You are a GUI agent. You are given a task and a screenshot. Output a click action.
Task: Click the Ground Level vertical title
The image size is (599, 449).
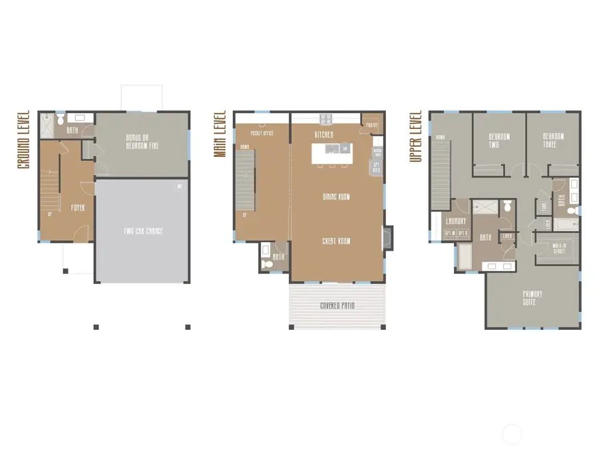pos(24,139)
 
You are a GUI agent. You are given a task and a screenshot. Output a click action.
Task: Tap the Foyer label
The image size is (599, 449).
pos(78,208)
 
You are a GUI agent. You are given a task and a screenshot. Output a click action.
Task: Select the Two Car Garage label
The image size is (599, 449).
pos(142,231)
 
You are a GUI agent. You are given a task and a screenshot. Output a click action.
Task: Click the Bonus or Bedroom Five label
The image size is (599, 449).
pos(142,142)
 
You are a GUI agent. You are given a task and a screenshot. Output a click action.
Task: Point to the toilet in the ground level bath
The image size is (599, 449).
pos(61,120)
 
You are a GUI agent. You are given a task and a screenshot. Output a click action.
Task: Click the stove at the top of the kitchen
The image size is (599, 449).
pos(326,120)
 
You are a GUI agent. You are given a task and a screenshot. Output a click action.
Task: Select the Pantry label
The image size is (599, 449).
pos(372,124)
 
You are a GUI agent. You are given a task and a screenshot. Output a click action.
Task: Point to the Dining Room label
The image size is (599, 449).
pos(336,197)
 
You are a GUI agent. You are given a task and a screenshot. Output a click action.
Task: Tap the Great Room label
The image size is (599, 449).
pos(336,241)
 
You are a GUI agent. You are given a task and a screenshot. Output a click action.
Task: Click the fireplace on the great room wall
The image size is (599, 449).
pos(388,237)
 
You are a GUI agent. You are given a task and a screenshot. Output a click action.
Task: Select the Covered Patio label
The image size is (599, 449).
pos(337,306)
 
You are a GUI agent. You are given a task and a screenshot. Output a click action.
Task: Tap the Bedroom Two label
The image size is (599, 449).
pos(499,140)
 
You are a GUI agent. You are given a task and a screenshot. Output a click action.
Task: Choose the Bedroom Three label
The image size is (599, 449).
pos(552,140)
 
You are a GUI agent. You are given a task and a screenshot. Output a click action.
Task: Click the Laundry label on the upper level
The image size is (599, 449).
pos(456,222)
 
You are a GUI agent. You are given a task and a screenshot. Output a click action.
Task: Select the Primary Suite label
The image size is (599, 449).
pos(532,298)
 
